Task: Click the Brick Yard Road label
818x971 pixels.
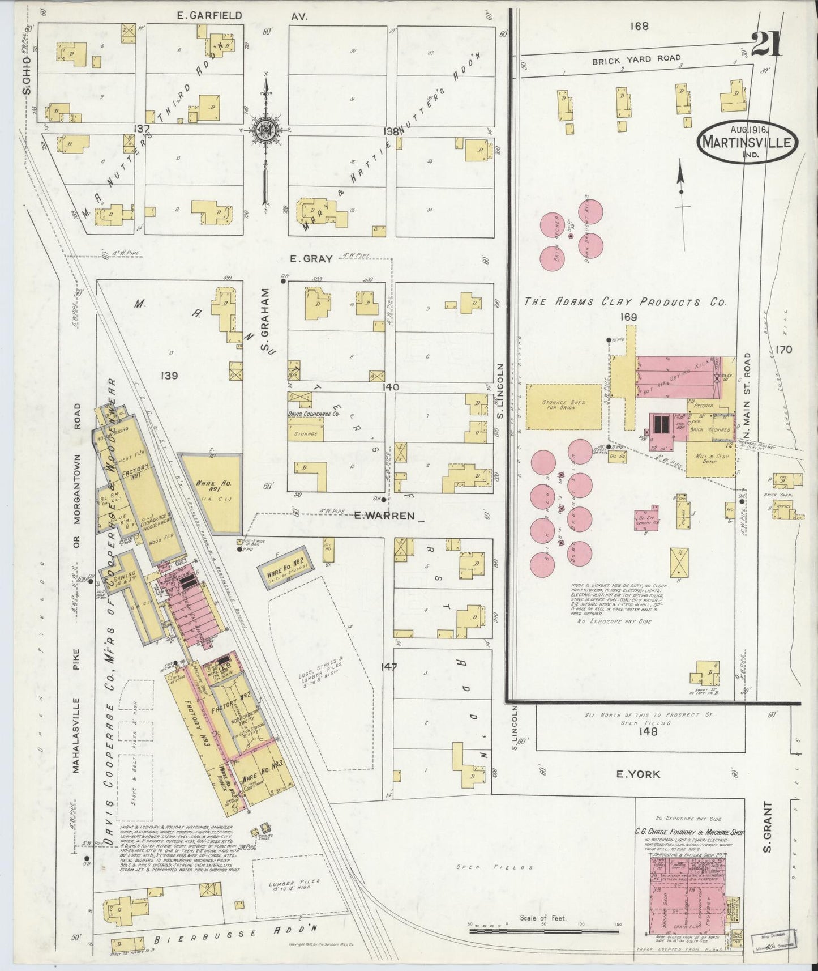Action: click(x=636, y=58)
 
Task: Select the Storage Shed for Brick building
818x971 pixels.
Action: click(x=563, y=406)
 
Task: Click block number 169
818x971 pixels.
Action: click(x=628, y=318)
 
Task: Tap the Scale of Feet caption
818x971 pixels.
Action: click(x=542, y=918)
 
